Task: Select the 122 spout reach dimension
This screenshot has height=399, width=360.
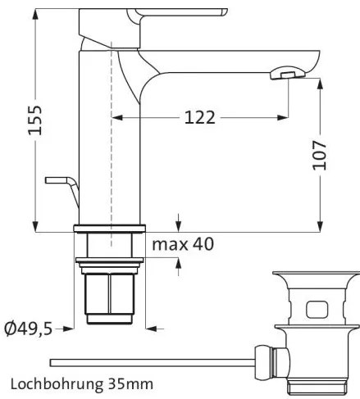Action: tap(200, 118)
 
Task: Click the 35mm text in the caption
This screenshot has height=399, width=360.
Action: tap(135, 383)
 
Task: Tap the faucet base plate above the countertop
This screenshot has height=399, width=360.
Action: tap(109, 229)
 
